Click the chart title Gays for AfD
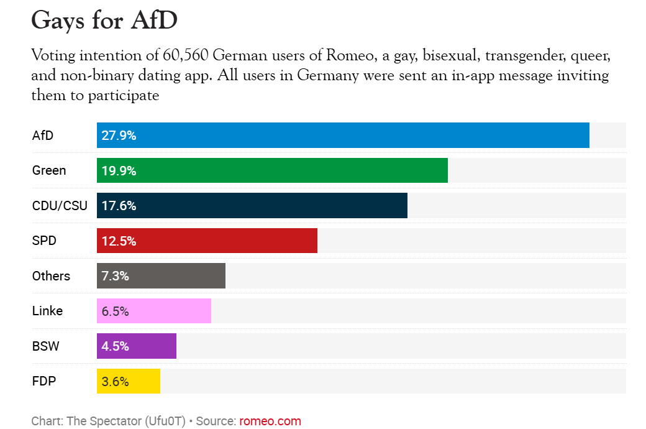104,21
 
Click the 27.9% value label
119,136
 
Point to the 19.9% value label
119,171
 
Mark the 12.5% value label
119,241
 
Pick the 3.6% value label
115,382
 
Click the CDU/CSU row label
60,206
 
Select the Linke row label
47,311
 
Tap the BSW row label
45,346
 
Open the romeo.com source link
270,421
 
